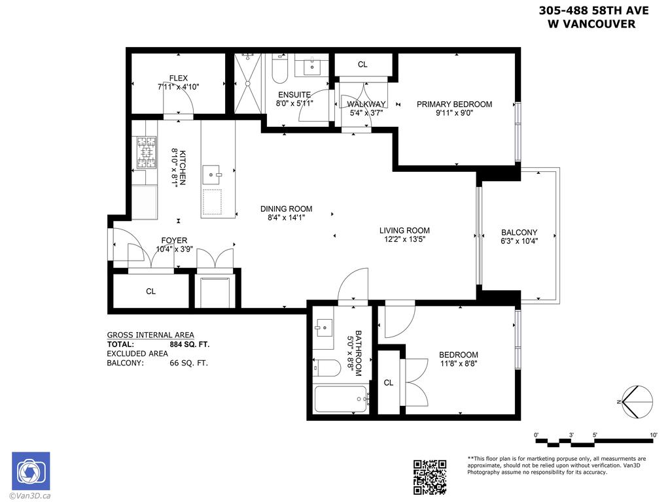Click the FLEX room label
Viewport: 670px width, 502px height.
click(x=178, y=78)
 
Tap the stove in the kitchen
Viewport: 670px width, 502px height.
click(x=146, y=152)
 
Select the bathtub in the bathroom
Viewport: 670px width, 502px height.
click(x=340, y=398)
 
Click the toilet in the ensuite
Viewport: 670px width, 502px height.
click(x=279, y=69)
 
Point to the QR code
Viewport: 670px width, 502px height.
click(x=431, y=477)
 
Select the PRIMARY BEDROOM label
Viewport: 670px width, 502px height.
click(x=454, y=104)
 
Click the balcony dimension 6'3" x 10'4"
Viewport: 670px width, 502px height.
click(x=519, y=241)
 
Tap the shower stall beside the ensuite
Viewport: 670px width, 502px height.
click(x=247, y=82)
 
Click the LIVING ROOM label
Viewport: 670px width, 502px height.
click(x=404, y=230)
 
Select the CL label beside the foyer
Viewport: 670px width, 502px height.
click(x=150, y=292)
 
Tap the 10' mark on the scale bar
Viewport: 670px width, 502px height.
click(x=653, y=435)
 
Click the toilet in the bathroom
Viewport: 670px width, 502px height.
click(x=325, y=369)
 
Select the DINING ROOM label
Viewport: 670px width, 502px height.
click(x=286, y=209)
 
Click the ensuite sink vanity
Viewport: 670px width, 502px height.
click(x=311, y=65)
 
